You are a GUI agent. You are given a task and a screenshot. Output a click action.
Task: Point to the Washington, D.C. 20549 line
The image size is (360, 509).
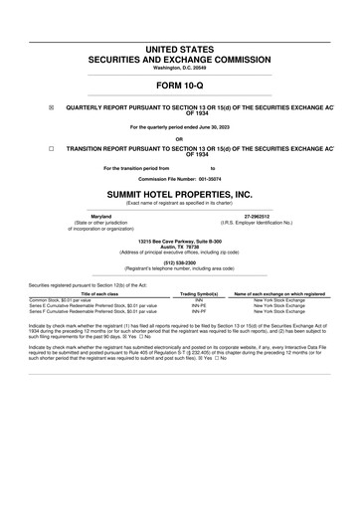coord(180,68)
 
